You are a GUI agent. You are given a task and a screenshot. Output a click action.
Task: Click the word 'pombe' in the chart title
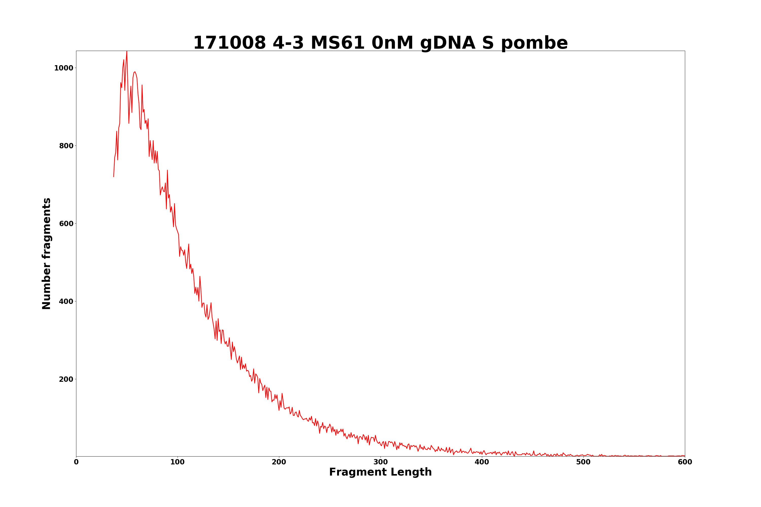coord(534,43)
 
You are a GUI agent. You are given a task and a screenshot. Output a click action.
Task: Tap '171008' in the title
coord(229,43)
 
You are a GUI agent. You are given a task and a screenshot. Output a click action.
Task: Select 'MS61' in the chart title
coord(338,43)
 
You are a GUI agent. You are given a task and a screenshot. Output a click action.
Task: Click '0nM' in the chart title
coord(392,43)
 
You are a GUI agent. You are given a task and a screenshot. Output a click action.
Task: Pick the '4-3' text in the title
coord(288,43)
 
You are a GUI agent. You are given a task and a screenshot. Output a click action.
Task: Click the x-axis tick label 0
coord(76,462)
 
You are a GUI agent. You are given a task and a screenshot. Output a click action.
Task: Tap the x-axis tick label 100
coord(177,462)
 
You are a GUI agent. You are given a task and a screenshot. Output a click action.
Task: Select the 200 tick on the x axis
coord(279,462)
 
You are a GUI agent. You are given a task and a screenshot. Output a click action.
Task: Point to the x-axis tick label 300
coord(380,462)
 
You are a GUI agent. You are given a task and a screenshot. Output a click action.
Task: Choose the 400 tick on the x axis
coord(482,462)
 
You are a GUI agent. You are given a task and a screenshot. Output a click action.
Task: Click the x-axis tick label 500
coord(583,462)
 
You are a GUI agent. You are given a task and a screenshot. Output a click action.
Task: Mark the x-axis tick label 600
coord(685,462)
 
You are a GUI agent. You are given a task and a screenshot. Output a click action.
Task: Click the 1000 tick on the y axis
coord(64,68)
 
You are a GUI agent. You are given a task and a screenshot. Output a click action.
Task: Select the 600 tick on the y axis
coord(66,224)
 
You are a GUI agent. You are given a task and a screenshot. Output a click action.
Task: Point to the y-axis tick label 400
coord(66,302)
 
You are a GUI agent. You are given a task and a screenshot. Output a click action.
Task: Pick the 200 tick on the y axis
coord(66,379)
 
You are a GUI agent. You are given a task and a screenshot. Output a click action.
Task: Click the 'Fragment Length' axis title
coord(380,473)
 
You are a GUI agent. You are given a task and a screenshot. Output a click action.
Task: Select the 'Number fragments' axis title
coord(47,253)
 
